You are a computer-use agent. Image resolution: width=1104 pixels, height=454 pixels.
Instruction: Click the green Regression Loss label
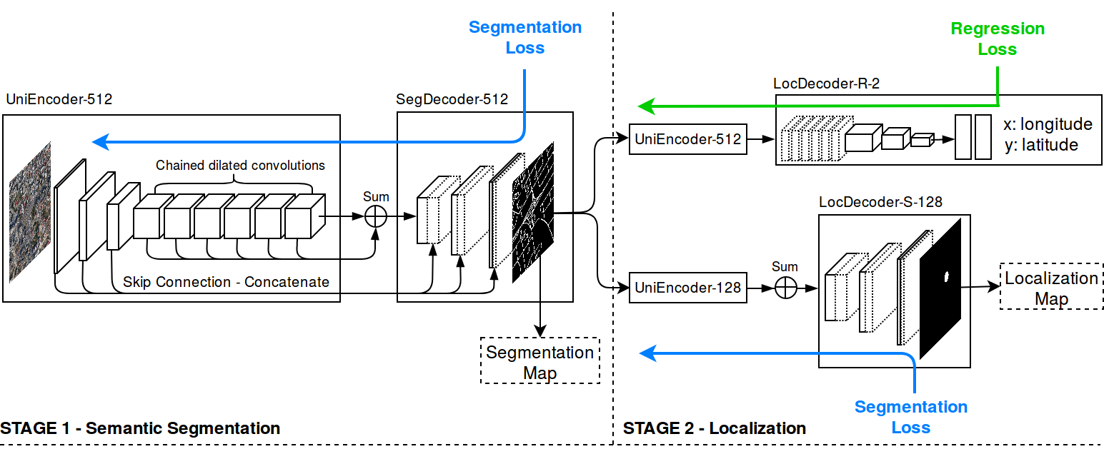click(997, 39)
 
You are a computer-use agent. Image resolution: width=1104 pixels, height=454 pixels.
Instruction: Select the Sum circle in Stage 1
click(376, 216)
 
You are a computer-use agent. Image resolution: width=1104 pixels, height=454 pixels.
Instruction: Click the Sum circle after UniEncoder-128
click(785, 288)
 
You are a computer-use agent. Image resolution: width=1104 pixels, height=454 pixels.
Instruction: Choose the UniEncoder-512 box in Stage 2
click(687, 140)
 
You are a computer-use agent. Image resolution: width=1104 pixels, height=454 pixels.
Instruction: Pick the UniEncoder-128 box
click(687, 288)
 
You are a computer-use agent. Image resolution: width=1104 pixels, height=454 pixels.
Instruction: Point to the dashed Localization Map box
click(1051, 288)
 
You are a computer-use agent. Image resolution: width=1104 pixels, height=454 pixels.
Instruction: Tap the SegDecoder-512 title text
click(452, 99)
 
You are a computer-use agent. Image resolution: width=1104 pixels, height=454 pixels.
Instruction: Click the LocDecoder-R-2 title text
click(826, 84)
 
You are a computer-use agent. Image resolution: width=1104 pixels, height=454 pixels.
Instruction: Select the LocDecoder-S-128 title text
click(880, 202)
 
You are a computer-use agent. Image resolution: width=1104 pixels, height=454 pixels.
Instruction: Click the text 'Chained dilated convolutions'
click(240, 166)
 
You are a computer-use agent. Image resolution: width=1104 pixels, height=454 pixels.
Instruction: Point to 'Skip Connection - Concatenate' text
click(226, 281)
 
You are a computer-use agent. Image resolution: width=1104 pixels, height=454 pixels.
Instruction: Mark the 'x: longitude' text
click(1048, 124)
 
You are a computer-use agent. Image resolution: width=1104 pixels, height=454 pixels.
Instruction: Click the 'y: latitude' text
click(1040, 145)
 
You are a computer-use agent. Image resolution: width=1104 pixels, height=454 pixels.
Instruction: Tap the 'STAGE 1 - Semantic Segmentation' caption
click(140, 428)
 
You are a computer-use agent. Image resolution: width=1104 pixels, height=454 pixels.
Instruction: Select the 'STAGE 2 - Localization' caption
click(715, 428)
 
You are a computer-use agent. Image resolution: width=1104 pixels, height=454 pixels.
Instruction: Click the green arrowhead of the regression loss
click(645, 107)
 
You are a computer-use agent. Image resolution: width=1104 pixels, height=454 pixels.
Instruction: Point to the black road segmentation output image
click(533, 213)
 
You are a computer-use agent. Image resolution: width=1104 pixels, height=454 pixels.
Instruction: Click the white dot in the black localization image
click(947, 277)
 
